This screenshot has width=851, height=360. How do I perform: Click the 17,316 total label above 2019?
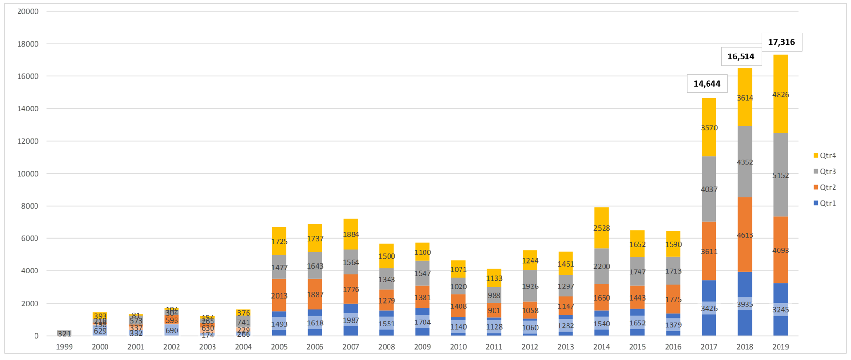[x=781, y=42]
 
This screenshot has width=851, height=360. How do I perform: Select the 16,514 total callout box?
[x=741, y=57]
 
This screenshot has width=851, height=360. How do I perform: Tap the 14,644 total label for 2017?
[x=707, y=84]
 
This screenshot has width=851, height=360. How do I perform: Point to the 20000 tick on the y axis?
[x=28, y=11]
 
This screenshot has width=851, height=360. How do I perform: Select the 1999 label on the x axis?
[x=64, y=347]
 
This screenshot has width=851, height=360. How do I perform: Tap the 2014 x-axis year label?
[x=601, y=347]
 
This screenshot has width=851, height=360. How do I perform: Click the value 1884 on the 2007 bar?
[x=351, y=234]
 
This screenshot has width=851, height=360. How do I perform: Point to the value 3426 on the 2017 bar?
[x=709, y=308]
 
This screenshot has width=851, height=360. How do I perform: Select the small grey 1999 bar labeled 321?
[x=64, y=334]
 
